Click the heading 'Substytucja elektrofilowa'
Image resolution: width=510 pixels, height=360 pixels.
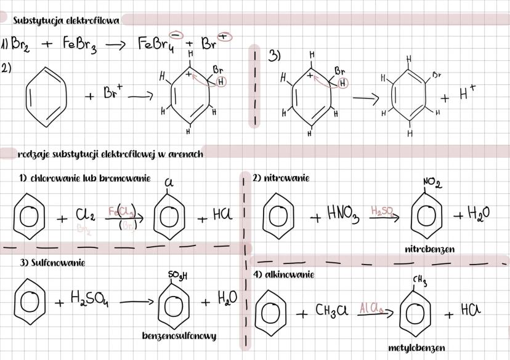point(67,20)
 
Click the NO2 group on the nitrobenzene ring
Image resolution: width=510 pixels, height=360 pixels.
point(432,183)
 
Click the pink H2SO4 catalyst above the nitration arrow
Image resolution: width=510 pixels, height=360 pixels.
point(384,211)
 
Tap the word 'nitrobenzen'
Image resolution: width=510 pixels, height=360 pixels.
point(429,249)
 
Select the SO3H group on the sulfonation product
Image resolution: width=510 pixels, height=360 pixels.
point(177,274)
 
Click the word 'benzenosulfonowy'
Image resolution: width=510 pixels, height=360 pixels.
point(179,336)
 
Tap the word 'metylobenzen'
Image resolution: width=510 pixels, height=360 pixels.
point(416,348)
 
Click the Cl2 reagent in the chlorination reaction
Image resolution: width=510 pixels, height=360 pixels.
point(84,215)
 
